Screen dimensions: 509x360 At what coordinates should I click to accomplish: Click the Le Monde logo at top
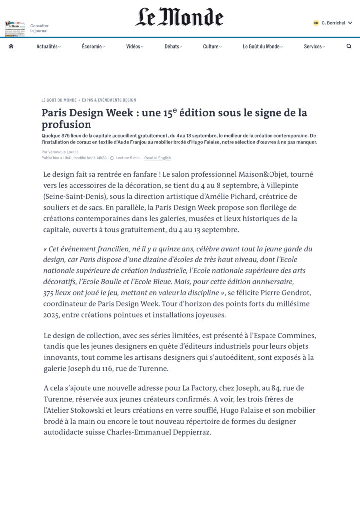180,17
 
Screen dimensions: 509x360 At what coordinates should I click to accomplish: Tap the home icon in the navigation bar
11,46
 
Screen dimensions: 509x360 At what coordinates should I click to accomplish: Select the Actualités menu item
48,46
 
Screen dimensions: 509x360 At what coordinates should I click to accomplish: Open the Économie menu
93,46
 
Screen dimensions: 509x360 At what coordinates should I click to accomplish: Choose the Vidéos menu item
134,46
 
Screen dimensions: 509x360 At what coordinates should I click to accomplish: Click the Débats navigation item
173,46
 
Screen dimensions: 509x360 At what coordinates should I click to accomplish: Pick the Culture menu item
212,46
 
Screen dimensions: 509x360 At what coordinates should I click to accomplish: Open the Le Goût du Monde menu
263,46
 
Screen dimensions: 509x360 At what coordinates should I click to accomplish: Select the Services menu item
314,46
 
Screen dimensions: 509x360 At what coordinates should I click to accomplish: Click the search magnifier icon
349,46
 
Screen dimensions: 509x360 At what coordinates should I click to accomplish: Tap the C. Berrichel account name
333,23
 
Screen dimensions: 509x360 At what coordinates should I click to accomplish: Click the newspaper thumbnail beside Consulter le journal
15,28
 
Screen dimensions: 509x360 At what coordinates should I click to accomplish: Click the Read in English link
157,158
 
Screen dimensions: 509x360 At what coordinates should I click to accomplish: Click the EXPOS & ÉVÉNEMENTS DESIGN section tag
109,100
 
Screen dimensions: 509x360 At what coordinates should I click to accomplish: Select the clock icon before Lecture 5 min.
112,158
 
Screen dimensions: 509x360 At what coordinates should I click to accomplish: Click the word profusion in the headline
66,124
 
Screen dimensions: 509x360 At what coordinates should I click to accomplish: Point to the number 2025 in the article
52,315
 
